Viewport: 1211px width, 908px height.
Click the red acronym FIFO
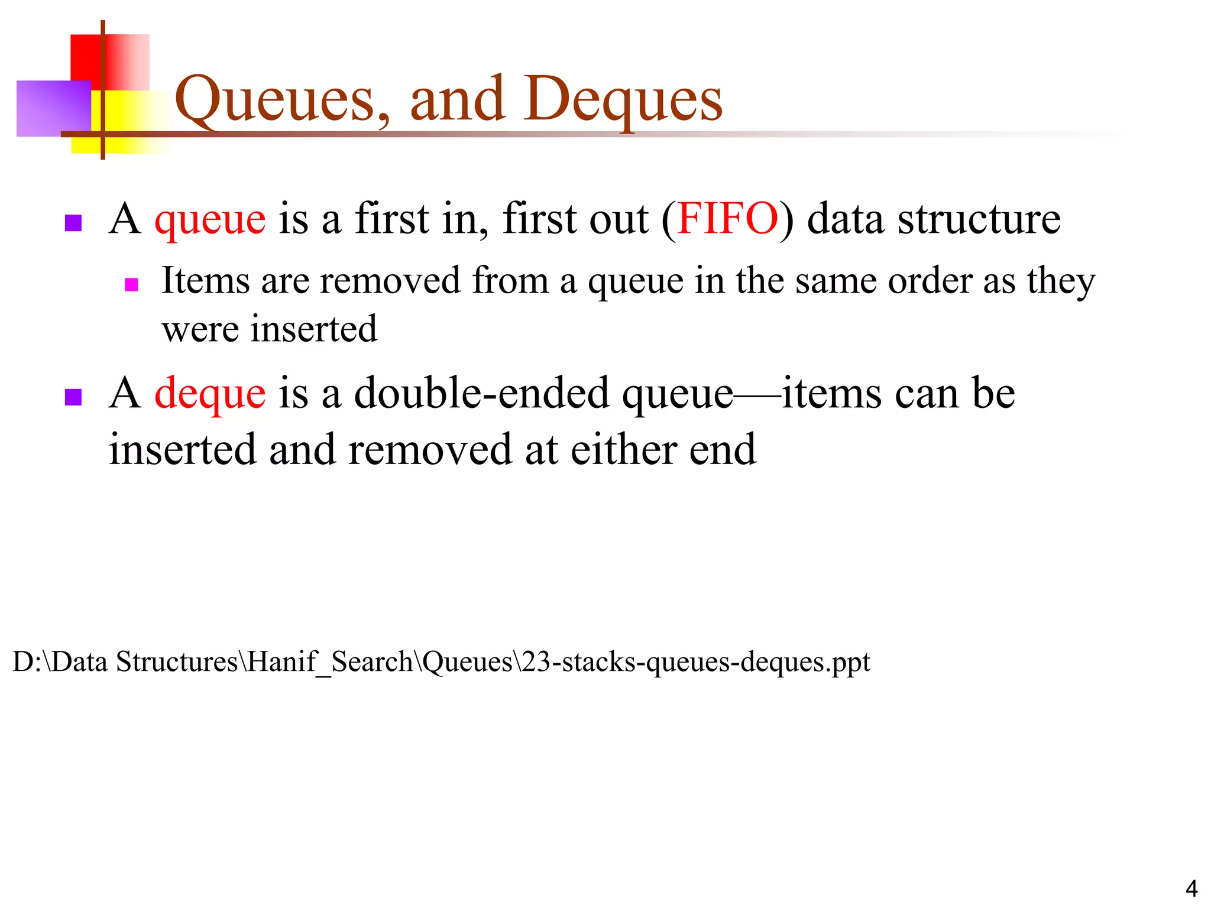coord(727,219)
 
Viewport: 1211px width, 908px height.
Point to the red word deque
coord(210,394)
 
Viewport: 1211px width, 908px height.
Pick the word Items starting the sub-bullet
coord(205,280)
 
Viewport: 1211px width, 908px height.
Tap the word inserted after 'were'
coord(313,329)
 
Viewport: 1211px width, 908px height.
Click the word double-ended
coord(481,394)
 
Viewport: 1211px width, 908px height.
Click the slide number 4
coord(1191,888)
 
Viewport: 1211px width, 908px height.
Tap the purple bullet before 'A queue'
coord(73,223)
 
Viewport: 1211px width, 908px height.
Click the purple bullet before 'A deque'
coord(73,397)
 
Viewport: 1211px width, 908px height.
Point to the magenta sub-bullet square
coord(131,285)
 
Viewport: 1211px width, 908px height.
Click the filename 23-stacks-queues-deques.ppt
coord(696,661)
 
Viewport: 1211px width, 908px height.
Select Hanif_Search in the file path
coord(330,661)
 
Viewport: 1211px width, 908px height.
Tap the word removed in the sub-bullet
coord(390,280)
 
